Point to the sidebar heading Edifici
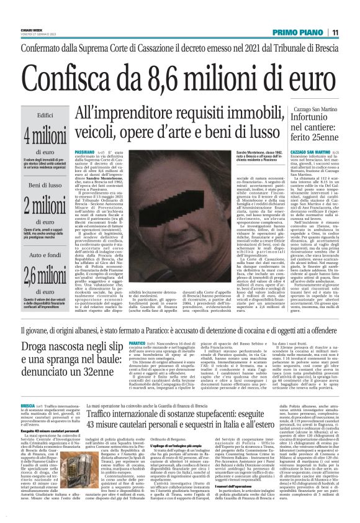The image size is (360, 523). tap(45, 115)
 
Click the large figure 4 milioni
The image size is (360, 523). tap(45, 135)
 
